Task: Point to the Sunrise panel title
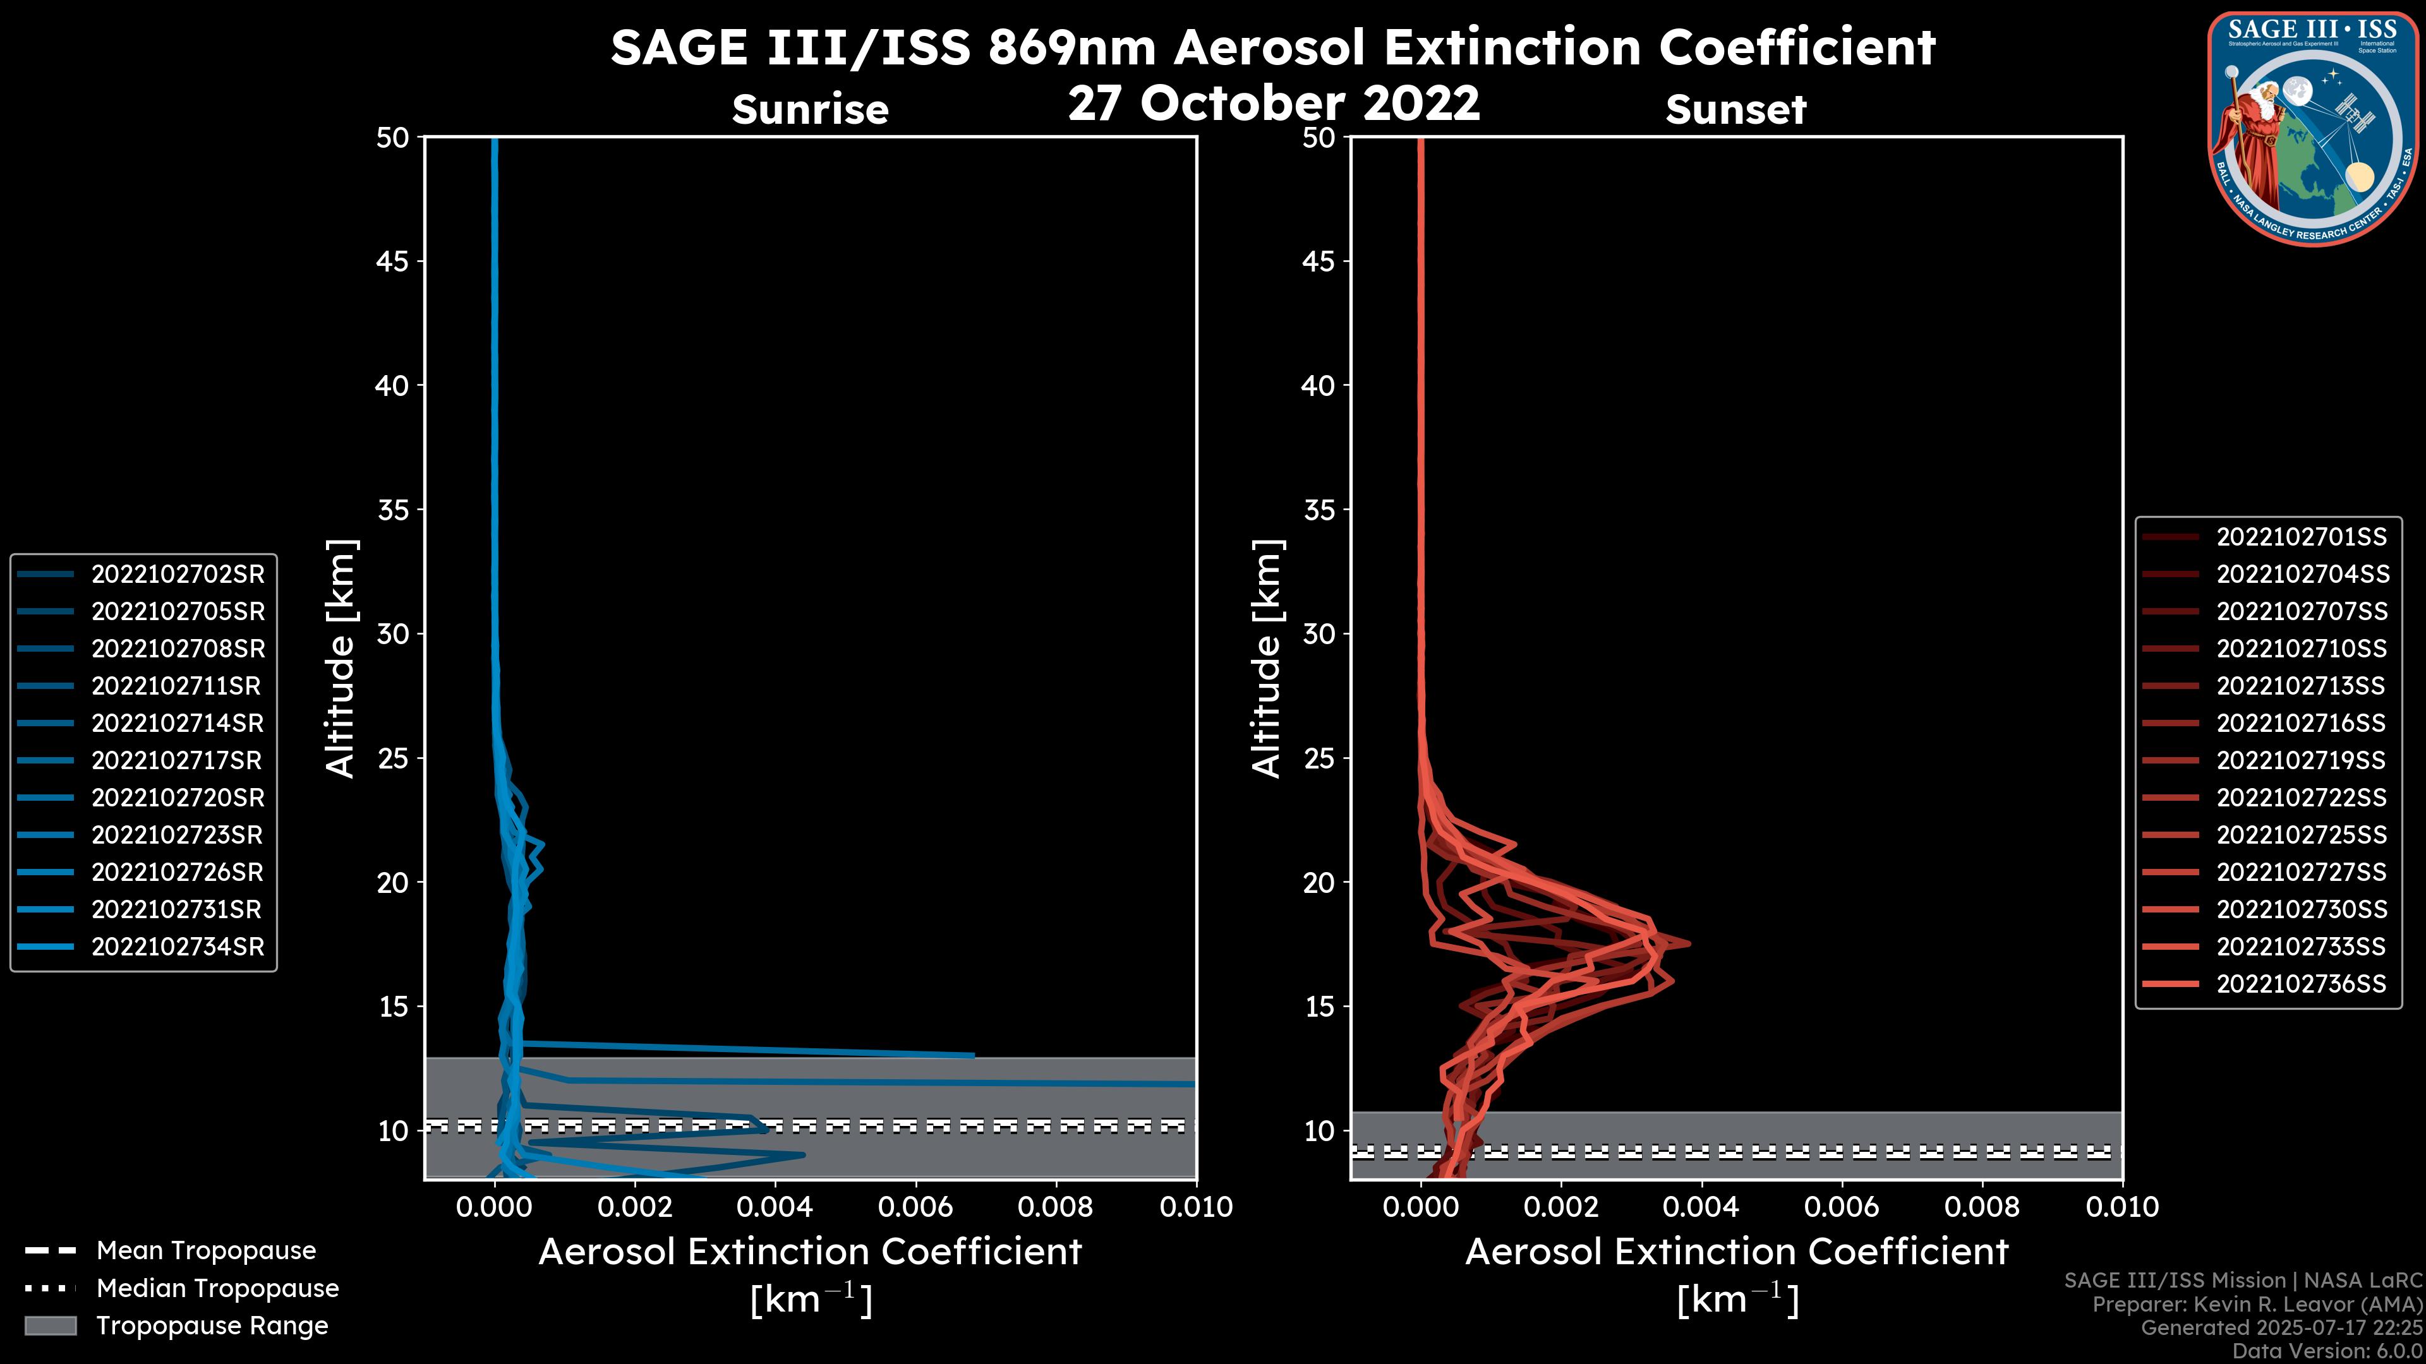tap(810, 110)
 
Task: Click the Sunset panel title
tap(1735, 110)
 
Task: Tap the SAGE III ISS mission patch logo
tap(2313, 127)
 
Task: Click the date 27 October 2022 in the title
tap(1273, 102)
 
